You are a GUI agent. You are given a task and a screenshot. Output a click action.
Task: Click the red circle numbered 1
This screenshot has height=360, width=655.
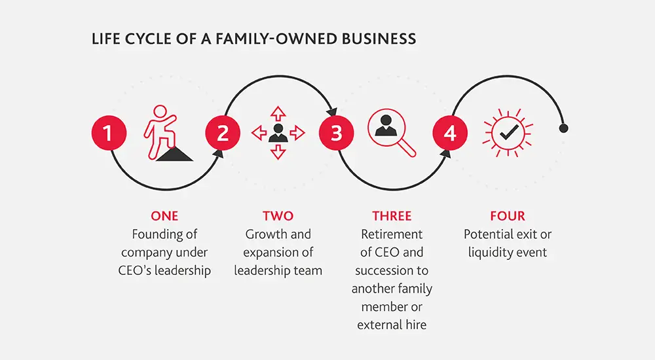coord(109,134)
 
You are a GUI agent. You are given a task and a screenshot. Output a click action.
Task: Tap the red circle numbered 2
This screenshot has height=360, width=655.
coord(223,134)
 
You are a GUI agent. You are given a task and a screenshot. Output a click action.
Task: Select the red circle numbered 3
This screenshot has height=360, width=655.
coord(337,134)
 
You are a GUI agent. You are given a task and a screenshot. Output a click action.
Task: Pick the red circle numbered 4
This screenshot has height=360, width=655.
coord(450,134)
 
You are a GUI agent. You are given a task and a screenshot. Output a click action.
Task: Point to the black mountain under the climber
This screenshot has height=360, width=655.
coord(174,154)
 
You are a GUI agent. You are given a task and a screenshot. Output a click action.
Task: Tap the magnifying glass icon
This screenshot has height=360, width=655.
coord(392,133)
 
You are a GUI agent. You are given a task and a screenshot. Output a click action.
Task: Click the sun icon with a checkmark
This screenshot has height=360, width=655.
coord(507,134)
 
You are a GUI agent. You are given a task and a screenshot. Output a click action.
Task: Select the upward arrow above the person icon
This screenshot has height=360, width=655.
coord(278,111)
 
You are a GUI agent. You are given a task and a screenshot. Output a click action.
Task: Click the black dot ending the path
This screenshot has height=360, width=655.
coord(563,128)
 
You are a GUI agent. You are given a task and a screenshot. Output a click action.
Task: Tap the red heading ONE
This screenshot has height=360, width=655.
coord(164,216)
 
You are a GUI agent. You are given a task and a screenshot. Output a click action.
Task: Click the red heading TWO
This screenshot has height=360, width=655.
coord(278,216)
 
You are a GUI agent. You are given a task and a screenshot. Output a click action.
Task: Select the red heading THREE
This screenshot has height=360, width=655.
coord(392,216)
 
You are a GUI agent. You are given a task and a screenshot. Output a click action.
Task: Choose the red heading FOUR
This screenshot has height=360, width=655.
coord(507,216)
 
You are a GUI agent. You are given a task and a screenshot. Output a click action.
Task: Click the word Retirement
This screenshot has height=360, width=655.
coord(392,234)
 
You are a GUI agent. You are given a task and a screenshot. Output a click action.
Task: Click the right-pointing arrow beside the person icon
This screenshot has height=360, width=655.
coord(298,134)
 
